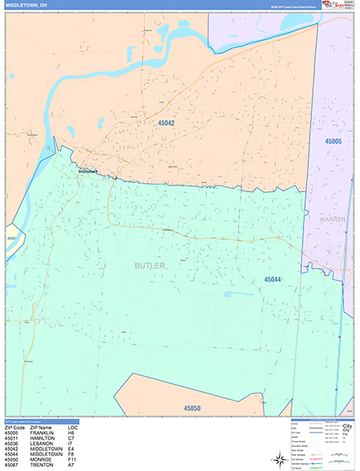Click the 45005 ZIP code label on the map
(x=334, y=141)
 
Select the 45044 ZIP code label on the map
(x=273, y=279)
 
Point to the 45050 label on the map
(x=191, y=408)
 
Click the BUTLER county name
(x=149, y=266)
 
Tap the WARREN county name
(x=333, y=220)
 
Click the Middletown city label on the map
(x=88, y=170)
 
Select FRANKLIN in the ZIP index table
(x=42, y=433)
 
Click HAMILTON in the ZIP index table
(x=42, y=437)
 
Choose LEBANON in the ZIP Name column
(x=41, y=443)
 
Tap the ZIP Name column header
(x=42, y=427)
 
